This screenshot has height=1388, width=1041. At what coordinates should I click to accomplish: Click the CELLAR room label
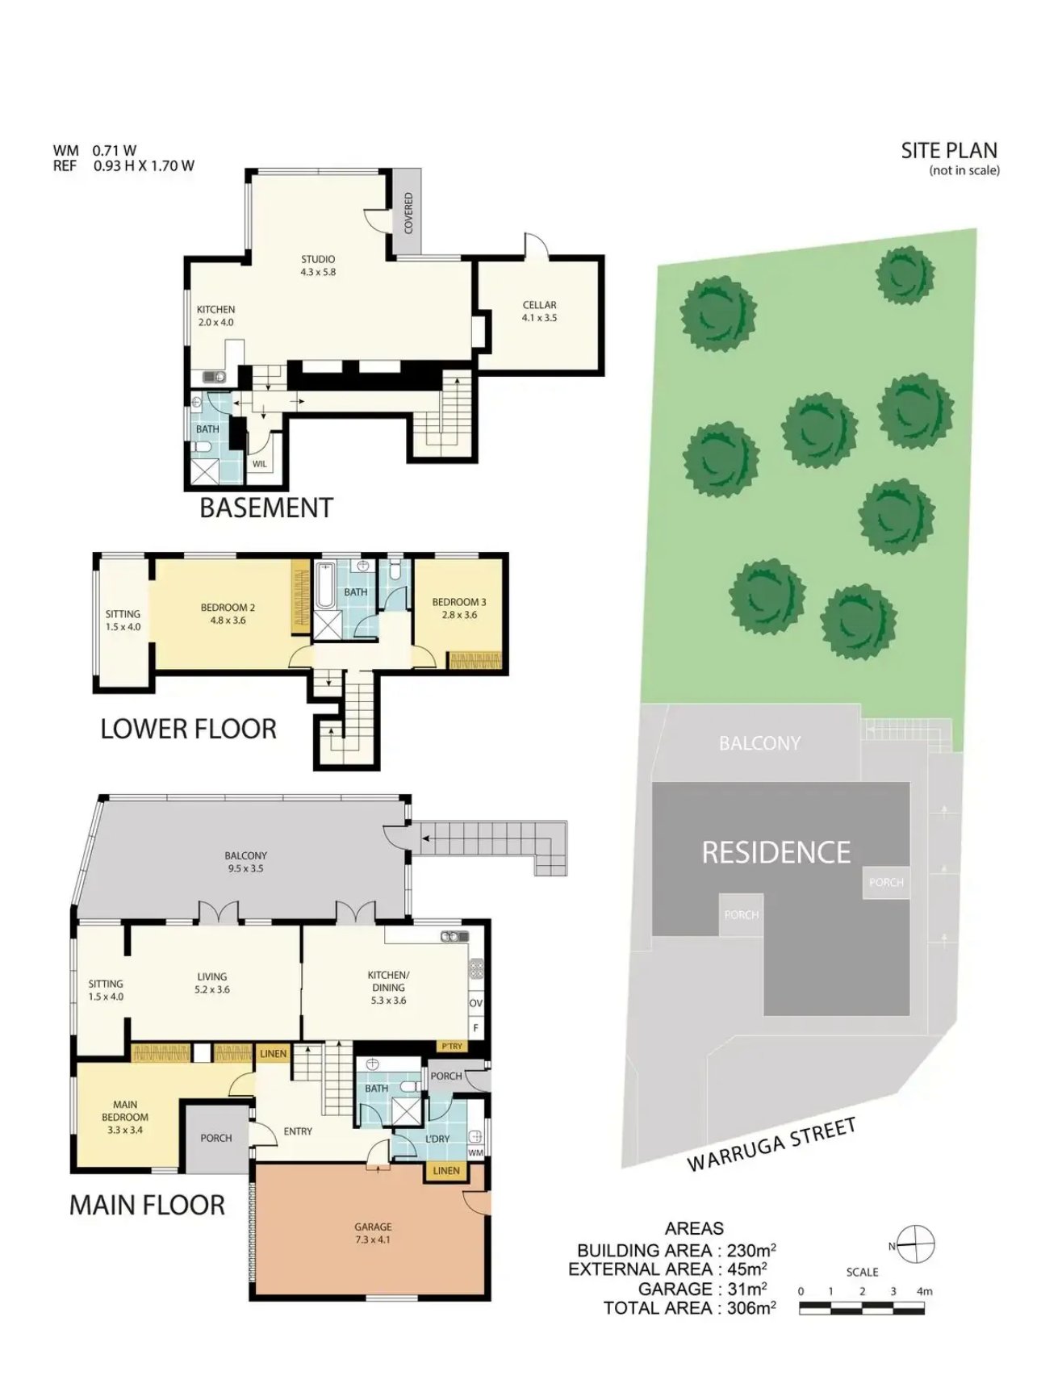pyautogui.click(x=539, y=311)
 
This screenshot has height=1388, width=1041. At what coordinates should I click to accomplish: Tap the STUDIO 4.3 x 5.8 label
pyautogui.click(x=318, y=265)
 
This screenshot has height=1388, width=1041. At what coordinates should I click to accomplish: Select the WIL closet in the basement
pyautogui.click(x=259, y=463)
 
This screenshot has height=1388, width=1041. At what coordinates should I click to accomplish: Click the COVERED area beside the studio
pyautogui.click(x=408, y=212)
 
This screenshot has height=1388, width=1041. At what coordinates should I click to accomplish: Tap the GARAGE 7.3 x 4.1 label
pyautogui.click(x=373, y=1232)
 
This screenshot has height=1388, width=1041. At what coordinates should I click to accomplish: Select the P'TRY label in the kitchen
pyautogui.click(x=452, y=1046)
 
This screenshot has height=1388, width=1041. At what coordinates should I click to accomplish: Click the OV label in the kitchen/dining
pyautogui.click(x=476, y=1003)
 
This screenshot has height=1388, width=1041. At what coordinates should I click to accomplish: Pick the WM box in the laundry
pyautogui.click(x=475, y=1152)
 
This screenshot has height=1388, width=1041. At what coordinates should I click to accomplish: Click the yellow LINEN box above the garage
pyautogui.click(x=445, y=1170)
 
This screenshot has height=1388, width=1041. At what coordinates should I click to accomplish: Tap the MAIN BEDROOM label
pyautogui.click(x=125, y=1117)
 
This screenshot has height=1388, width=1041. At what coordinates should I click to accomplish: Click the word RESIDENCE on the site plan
pyautogui.click(x=776, y=852)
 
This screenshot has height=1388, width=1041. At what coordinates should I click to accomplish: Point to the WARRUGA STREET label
pyautogui.click(x=771, y=1144)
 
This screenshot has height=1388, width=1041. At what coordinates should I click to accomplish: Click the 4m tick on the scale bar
pyautogui.click(x=924, y=1291)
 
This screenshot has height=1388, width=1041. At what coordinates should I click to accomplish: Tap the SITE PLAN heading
pyautogui.click(x=949, y=151)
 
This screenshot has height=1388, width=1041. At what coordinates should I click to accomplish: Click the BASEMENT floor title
pyautogui.click(x=266, y=508)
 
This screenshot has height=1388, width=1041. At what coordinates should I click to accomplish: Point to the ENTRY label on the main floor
pyautogui.click(x=298, y=1131)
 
